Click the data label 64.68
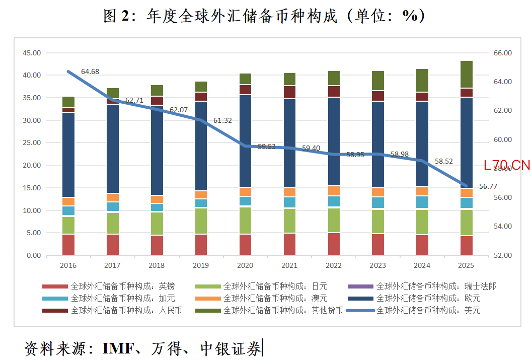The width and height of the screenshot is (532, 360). [90, 71]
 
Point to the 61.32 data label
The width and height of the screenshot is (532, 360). [222, 120]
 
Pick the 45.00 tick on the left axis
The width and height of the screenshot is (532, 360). [32, 53]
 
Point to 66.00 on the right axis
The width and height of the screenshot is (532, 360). [501, 53]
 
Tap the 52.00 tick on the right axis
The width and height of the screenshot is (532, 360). [501, 255]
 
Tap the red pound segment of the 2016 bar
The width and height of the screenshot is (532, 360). [68, 245]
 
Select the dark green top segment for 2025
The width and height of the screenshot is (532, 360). [467, 75]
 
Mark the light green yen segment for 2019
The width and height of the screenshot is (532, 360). [201, 221]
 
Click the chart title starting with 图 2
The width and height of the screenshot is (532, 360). [264, 16]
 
